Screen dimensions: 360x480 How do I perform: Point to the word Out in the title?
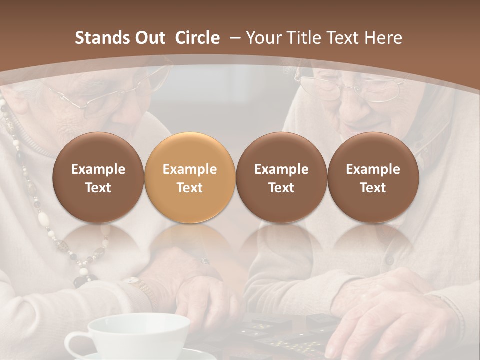150,38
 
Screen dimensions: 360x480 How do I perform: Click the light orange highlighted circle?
190,177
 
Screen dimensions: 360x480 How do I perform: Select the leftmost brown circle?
98,177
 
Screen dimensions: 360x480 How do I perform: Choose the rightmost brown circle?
373,177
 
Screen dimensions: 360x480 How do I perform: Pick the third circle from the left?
281,177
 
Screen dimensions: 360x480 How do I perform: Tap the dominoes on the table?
280,335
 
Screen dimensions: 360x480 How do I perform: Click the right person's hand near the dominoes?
390,310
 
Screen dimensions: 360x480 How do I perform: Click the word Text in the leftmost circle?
98,188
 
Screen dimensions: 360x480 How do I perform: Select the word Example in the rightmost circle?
373,169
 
